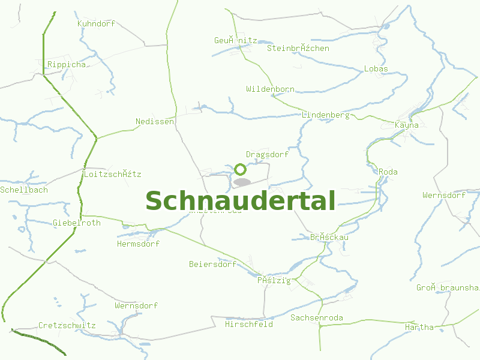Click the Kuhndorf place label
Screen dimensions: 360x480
(96, 24)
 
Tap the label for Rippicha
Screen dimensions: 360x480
(67, 64)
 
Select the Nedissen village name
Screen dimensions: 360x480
(155, 121)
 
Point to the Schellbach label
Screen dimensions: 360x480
(24, 190)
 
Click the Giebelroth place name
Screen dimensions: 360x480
(77, 223)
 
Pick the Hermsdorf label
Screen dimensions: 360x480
(138, 244)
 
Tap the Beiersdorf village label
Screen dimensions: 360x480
(212, 264)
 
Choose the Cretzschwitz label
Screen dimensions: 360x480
(67, 326)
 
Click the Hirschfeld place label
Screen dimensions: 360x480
(248, 324)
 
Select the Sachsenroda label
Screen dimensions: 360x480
(317, 317)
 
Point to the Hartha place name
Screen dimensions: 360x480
(419, 327)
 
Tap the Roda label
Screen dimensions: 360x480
(388, 172)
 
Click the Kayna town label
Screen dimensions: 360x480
(406, 125)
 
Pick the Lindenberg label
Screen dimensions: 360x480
(326, 115)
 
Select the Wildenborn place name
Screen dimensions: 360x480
(270, 89)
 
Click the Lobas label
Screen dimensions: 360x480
(376, 68)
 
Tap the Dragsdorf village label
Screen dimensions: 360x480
(267, 154)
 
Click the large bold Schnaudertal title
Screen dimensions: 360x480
(240, 201)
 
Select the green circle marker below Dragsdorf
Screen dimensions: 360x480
(240, 169)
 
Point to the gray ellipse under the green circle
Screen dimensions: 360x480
(242, 182)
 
